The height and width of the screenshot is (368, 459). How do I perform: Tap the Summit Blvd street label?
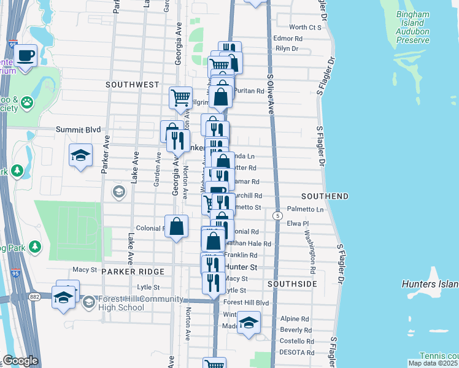(x=77, y=129)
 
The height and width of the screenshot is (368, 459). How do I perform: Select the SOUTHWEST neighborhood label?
(x=132, y=85)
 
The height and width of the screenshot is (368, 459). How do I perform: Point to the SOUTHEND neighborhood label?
(x=325, y=196)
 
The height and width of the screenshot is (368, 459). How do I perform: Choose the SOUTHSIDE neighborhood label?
(x=293, y=285)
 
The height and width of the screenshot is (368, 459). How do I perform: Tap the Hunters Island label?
(x=430, y=285)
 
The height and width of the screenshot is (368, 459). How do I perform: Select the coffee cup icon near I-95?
(x=25, y=55)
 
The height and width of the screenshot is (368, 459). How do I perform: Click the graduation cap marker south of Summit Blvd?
(x=80, y=156)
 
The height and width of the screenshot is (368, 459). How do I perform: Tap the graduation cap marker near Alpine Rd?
(x=248, y=323)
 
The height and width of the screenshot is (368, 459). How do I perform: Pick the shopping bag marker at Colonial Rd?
(x=177, y=226)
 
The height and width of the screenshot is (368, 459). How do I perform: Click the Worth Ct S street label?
(x=305, y=27)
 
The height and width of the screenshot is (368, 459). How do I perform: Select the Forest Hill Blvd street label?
(x=247, y=302)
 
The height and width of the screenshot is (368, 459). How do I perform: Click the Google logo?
(x=20, y=361)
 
